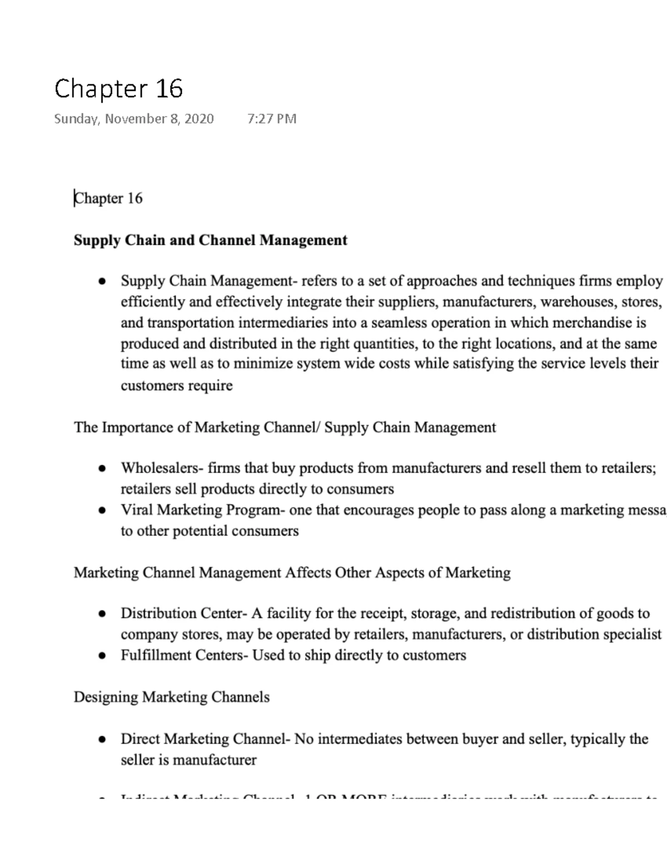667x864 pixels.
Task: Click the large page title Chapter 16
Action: coord(118,89)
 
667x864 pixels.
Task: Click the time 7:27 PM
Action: coord(272,119)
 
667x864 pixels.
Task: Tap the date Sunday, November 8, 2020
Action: coord(133,119)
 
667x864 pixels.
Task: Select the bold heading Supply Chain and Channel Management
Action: coord(210,240)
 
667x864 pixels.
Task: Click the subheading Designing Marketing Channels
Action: coord(171,697)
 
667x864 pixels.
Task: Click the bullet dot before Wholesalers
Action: coord(102,469)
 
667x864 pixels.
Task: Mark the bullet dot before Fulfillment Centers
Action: coord(102,656)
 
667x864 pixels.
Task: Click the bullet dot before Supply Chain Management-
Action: coord(102,282)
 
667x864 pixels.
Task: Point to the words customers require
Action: coord(176,385)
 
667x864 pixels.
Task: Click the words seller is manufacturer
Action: coord(188,760)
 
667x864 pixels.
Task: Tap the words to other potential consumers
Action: coord(210,531)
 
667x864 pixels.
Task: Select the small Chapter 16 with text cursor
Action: coord(109,198)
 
